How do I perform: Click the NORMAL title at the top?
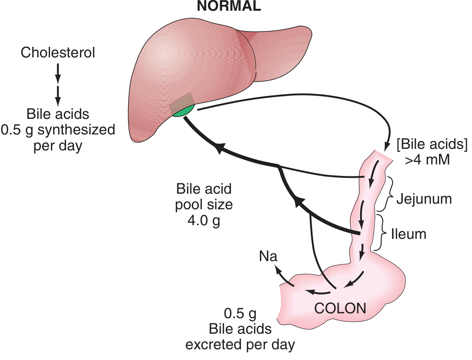(229, 6)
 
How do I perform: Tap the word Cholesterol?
(58, 53)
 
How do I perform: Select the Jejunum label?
(424, 199)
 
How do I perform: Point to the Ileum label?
(409, 234)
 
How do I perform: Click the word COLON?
(340, 309)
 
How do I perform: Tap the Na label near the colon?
(268, 256)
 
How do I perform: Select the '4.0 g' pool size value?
(204, 220)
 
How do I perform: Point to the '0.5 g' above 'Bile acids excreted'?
(240, 314)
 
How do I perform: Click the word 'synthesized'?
(77, 130)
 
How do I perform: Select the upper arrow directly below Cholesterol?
(58, 74)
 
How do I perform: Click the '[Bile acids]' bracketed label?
(432, 144)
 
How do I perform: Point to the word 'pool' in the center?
(189, 204)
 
